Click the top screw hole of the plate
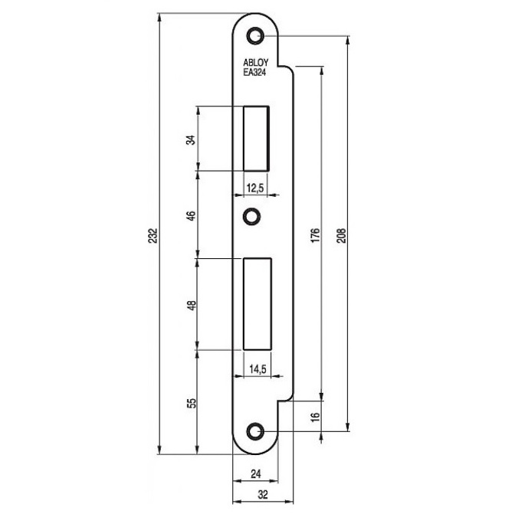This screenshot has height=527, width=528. (x=254, y=35)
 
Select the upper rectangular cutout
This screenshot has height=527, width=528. (x=256, y=138)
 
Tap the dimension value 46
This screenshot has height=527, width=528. (x=192, y=216)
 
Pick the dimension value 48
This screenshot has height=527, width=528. (x=192, y=304)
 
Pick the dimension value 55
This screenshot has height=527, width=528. (x=192, y=403)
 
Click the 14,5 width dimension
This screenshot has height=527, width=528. (x=256, y=369)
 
